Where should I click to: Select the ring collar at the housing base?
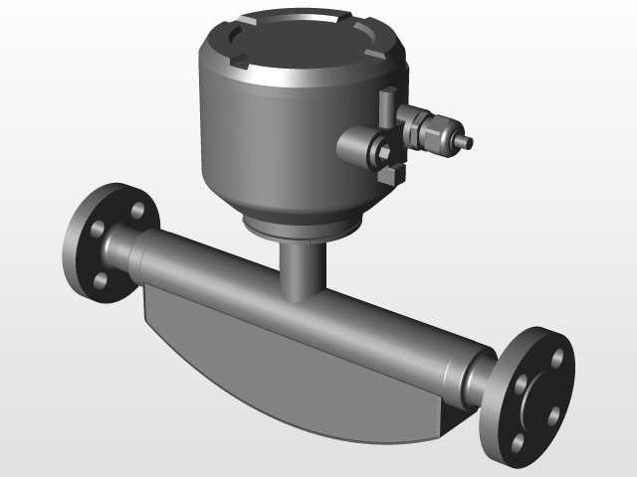[299, 231]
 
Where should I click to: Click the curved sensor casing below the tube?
[289, 368]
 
